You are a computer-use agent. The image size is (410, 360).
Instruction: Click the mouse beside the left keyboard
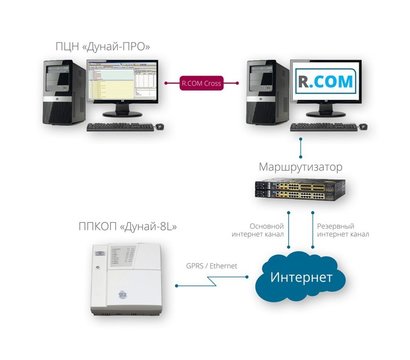(x=165, y=127)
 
